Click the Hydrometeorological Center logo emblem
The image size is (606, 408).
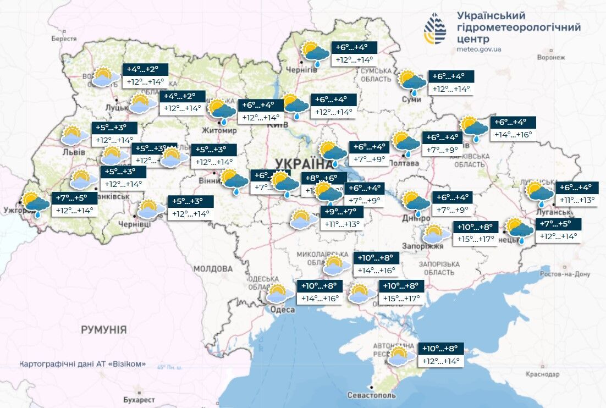click(x=435, y=30)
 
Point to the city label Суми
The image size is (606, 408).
click(x=407, y=99)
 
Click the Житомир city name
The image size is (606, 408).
click(x=219, y=131)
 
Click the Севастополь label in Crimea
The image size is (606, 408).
click(x=371, y=395)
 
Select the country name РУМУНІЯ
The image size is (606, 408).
click(x=103, y=330)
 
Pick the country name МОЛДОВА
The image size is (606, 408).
click(x=213, y=269)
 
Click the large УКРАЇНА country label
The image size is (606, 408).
click(x=300, y=163)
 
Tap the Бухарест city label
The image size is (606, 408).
click(x=139, y=400)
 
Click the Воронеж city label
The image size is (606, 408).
click(x=551, y=57)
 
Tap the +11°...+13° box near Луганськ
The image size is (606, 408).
click(x=577, y=200)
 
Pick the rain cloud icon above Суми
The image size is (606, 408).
click(x=412, y=81)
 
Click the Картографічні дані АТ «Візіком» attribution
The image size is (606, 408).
click(x=83, y=365)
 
